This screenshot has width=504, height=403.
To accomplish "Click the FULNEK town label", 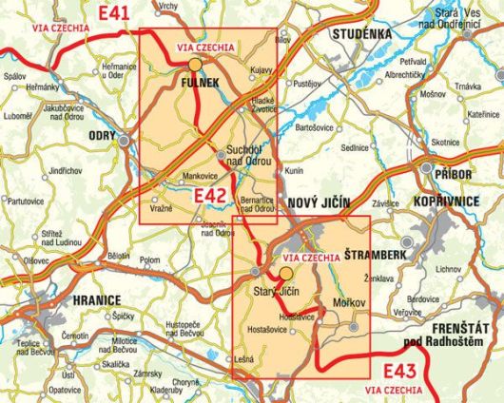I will [x=199, y=85].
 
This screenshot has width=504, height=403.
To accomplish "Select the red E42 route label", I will [x=209, y=196].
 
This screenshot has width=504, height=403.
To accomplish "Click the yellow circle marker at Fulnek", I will [x=194, y=65].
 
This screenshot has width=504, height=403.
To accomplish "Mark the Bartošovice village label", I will [x=316, y=125].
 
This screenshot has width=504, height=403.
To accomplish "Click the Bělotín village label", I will [x=119, y=255].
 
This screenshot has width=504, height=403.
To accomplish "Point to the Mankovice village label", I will [x=201, y=176].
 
